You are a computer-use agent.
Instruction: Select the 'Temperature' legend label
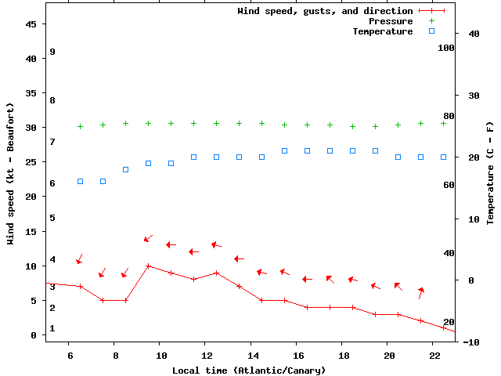(x=382, y=31)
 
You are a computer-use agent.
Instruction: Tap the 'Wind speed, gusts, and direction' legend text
(x=325, y=11)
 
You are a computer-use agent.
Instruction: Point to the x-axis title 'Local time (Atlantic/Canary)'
(x=249, y=370)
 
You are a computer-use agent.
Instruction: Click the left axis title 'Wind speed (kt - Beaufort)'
(x=11, y=173)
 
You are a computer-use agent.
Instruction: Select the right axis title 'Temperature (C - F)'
(x=490, y=173)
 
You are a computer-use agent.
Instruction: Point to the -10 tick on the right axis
(x=472, y=342)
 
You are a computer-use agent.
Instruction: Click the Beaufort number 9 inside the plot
(x=52, y=52)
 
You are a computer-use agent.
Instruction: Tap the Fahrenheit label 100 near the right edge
(x=446, y=48)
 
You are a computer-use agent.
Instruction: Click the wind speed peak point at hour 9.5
(x=148, y=266)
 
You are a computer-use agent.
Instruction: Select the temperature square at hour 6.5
(x=80, y=181)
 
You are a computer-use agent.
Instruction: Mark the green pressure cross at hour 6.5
(x=80, y=126)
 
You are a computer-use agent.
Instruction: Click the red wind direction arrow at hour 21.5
(x=421, y=292)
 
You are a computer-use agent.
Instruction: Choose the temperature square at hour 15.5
(x=285, y=150)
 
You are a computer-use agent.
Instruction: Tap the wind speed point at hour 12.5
(x=217, y=273)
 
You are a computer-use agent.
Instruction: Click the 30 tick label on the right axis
(x=472, y=96)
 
